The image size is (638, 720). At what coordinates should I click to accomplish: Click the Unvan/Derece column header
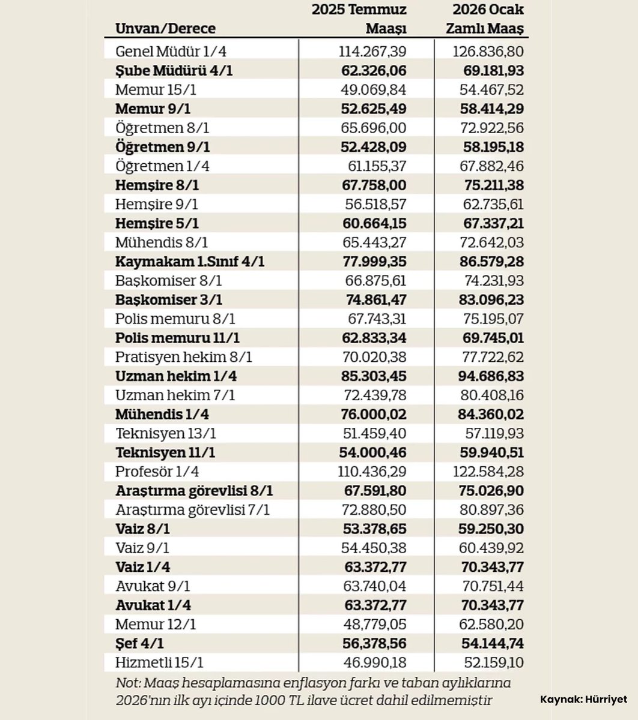[165, 28]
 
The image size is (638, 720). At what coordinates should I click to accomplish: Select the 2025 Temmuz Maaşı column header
[359, 19]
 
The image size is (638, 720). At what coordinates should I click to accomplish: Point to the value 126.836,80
[488, 52]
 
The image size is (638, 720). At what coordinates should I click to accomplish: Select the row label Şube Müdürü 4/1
[174, 71]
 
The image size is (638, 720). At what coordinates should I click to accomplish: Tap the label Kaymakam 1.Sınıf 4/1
[190, 262]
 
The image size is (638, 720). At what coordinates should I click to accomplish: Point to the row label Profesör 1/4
[157, 472]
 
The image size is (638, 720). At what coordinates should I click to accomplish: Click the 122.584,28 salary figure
[488, 472]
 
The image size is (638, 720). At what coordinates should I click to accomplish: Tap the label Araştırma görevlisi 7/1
[192, 510]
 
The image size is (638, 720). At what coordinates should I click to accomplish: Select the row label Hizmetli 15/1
[159, 663]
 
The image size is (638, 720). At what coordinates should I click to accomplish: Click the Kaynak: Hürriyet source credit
[583, 700]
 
